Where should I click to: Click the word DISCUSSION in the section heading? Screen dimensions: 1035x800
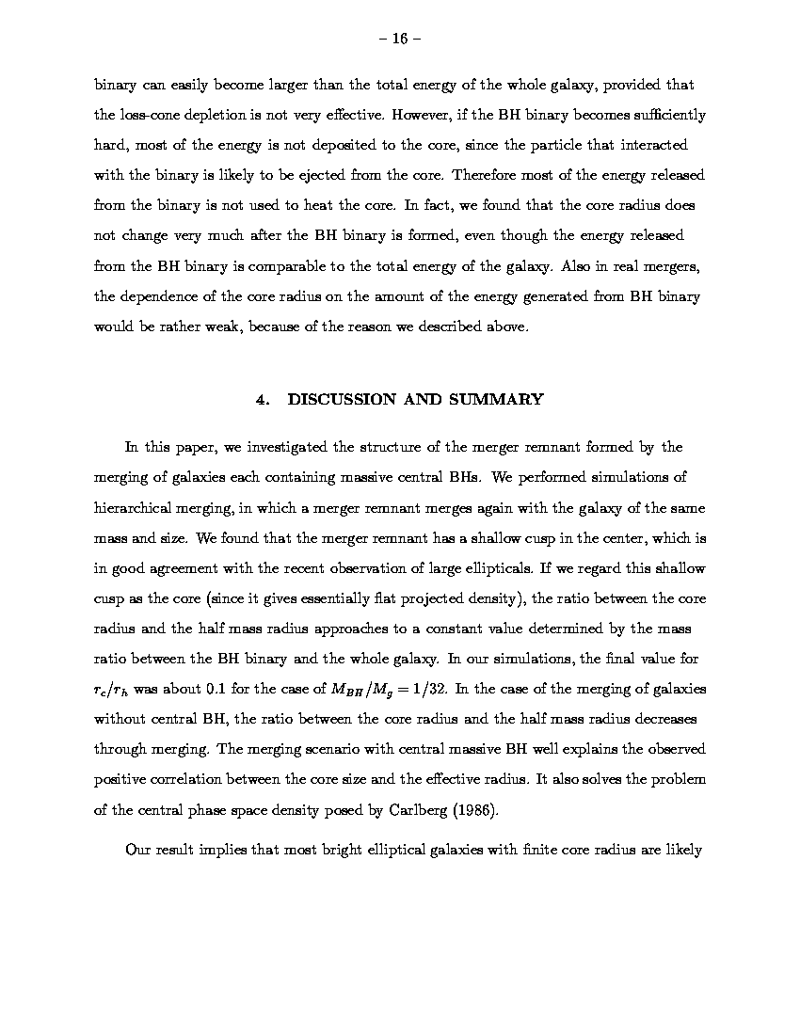(x=342, y=399)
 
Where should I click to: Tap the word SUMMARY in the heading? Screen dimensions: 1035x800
(x=496, y=399)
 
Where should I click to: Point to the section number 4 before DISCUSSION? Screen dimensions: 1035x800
(x=261, y=399)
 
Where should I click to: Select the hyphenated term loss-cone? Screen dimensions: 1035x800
(x=145, y=115)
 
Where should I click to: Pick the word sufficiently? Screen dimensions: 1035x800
(x=660, y=115)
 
